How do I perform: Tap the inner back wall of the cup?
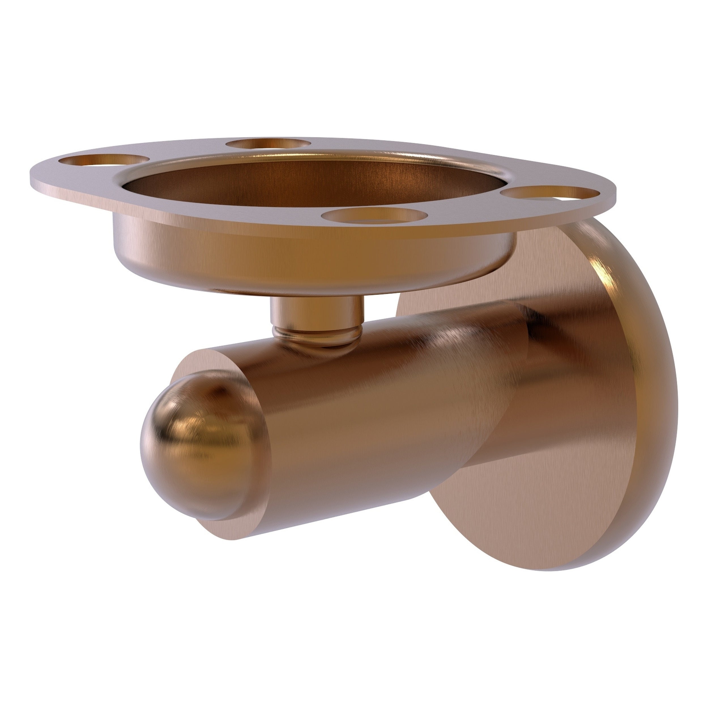(x=293, y=169)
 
